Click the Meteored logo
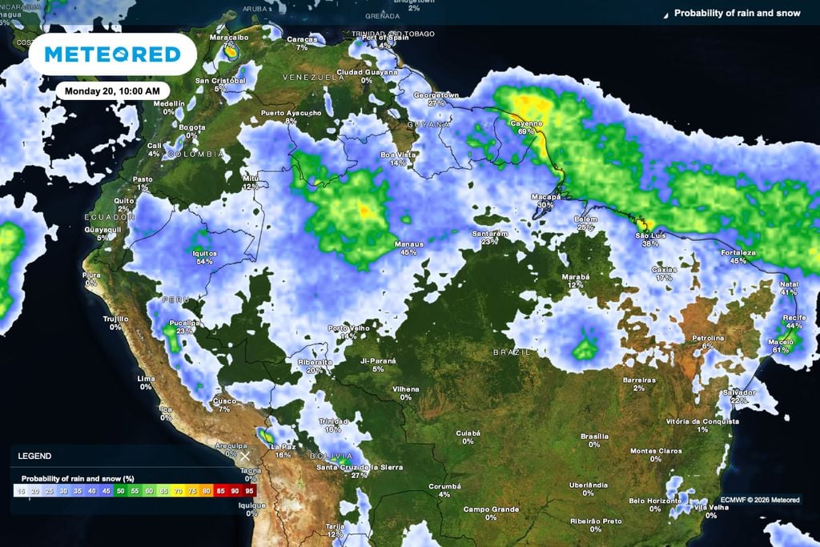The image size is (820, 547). click(112, 54)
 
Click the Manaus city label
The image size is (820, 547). click(408, 243)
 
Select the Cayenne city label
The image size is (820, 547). click(527, 123)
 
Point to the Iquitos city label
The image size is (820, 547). click(205, 253)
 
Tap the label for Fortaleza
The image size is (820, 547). click(738, 252)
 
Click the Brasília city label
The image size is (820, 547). click(594, 436)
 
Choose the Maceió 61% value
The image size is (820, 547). click(781, 350)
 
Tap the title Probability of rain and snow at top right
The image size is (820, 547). click(737, 13)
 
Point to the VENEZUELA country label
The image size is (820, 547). click(312, 76)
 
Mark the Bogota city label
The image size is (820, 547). click(191, 127)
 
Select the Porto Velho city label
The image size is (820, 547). click(348, 328)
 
